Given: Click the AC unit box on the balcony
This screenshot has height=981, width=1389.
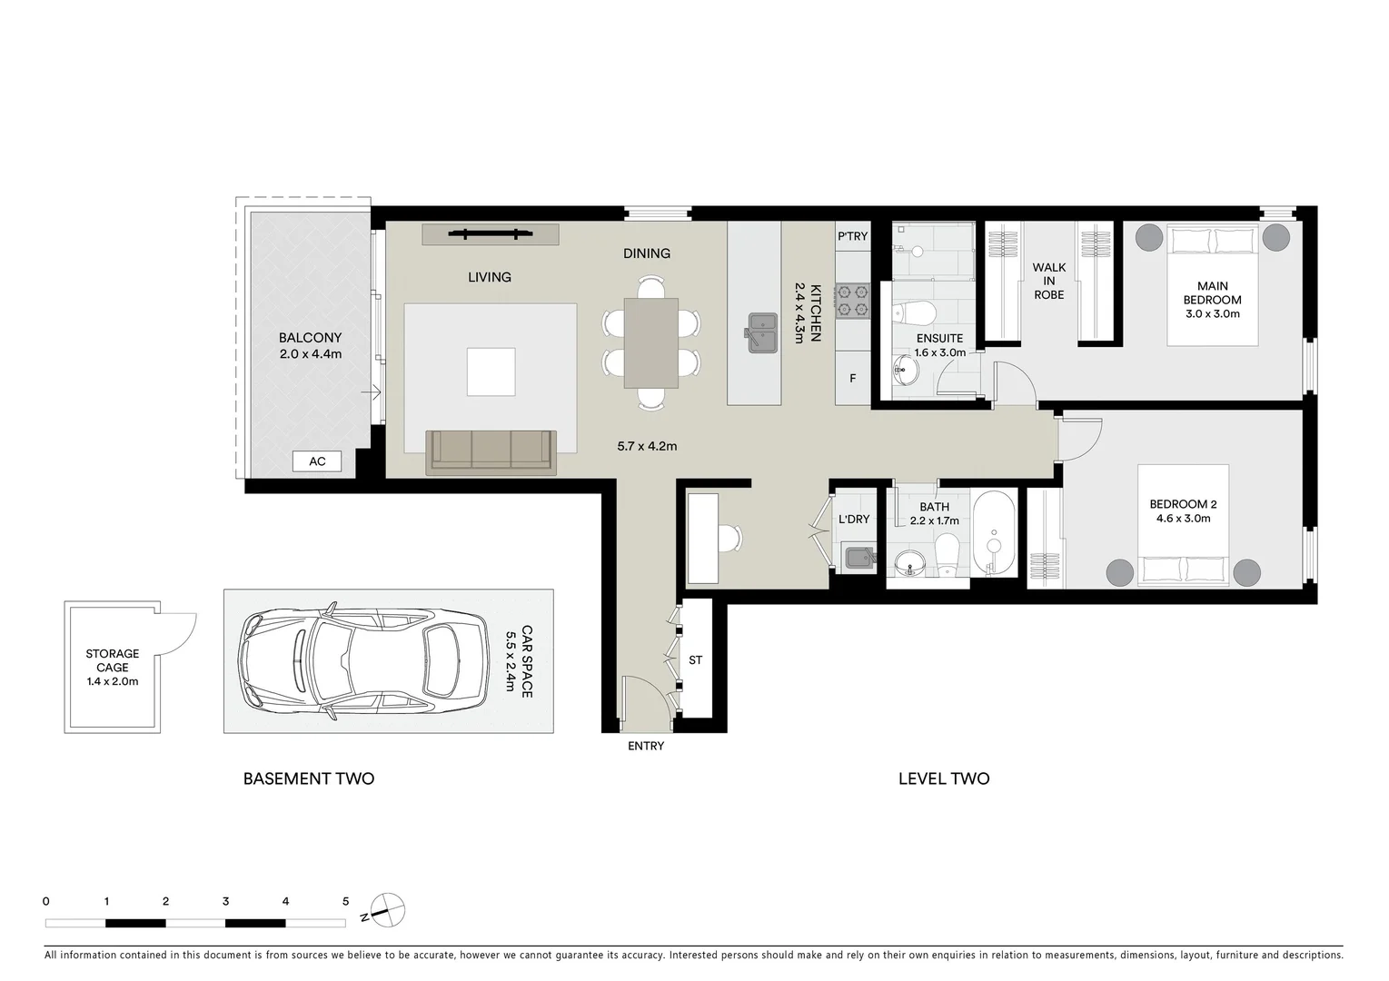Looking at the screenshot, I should point(316,461).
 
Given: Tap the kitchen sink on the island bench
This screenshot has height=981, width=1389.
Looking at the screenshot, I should point(762,332).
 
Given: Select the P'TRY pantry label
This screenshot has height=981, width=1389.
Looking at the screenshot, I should point(852,236).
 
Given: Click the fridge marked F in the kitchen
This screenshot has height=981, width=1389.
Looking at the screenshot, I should point(852,378).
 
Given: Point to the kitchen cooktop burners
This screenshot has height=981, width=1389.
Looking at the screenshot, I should point(853,301).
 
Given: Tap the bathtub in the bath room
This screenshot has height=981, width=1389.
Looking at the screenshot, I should point(995,534).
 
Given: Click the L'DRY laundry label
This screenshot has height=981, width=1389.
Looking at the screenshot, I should point(853,520).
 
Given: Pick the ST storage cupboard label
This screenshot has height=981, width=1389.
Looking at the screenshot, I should point(695,660).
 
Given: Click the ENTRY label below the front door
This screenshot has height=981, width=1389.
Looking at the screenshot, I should point(646,747).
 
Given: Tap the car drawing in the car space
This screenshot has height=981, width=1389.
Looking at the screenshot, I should point(362,661).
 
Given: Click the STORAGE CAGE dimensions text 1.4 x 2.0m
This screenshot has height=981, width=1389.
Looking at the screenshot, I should point(113,681).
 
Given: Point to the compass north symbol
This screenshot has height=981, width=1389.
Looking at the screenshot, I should point(388,909).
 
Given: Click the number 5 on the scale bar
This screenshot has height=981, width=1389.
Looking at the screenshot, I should point(345,902).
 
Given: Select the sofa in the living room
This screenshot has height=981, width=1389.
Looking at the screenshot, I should point(491,451).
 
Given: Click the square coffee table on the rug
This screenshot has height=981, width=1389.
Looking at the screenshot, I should point(491,372).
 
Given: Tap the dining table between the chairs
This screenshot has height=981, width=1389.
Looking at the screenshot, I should point(651,342).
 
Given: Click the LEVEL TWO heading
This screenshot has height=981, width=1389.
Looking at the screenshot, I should point(943,778).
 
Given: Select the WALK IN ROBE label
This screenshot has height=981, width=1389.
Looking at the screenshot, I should point(1048,281).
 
